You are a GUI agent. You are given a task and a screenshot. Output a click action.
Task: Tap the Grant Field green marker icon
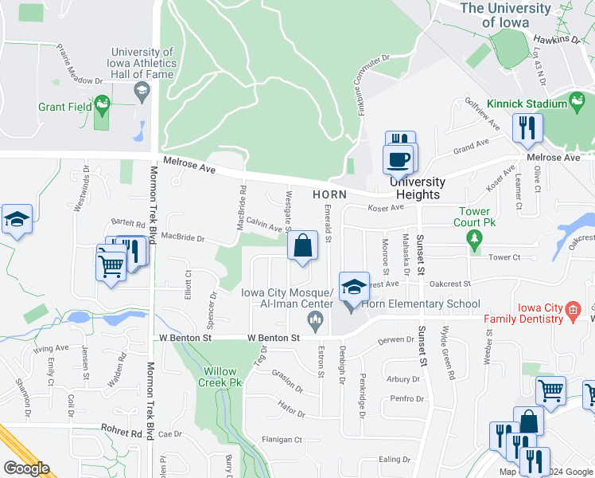(x=101, y=104)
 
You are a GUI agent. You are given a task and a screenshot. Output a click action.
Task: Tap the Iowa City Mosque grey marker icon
(x=316, y=320)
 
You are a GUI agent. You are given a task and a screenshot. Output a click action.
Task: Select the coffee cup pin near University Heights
(x=398, y=158)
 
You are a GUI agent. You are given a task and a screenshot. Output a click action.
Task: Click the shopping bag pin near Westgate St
(x=303, y=246)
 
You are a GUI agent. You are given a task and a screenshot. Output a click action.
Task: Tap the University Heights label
(x=418, y=188)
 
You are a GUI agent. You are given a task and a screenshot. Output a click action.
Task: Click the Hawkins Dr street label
(x=557, y=38)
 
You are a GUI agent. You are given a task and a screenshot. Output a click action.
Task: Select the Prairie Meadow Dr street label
(x=80, y=65)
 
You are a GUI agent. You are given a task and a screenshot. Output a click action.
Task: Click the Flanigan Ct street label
(x=282, y=440)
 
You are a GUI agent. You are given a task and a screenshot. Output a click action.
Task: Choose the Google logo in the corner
(x=26, y=468)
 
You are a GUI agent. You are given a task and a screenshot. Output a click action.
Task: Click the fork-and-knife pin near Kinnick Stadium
(x=527, y=127)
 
